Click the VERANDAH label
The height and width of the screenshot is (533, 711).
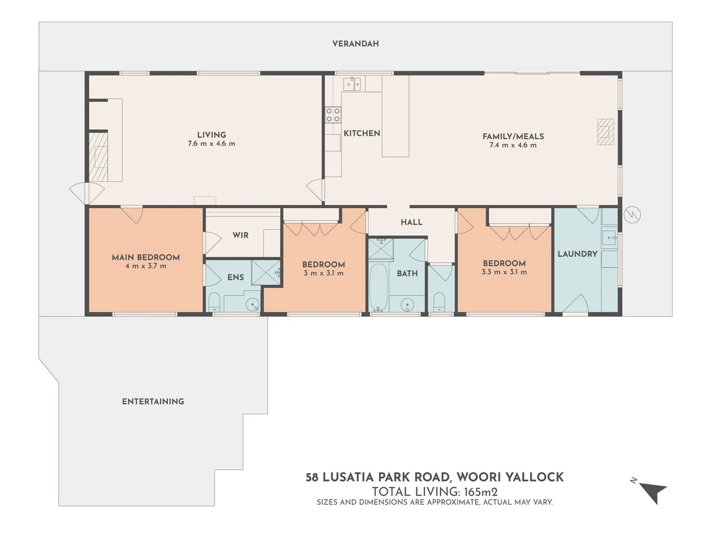click(355, 43)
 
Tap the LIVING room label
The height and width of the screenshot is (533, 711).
click(211, 135)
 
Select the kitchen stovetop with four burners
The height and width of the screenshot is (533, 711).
click(333, 115)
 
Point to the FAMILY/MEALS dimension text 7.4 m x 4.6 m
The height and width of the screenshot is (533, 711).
click(513, 145)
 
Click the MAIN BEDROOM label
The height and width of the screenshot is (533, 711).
click(146, 257)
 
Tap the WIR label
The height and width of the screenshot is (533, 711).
click(240, 235)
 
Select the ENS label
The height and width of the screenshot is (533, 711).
click(236, 277)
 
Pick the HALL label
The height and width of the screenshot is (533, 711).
click(411, 222)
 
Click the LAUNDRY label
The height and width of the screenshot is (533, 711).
click(577, 254)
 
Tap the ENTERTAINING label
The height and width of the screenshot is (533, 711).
click(153, 402)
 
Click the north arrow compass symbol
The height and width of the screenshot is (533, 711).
click(652, 491)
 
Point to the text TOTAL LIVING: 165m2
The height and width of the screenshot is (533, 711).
click(434, 492)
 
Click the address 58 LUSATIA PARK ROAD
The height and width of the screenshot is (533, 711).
click(378, 477)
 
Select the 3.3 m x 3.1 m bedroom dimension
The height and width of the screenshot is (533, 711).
click(504, 272)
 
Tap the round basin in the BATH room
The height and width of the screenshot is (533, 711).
click(407, 304)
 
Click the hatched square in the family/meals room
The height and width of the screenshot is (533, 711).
click(605, 132)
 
